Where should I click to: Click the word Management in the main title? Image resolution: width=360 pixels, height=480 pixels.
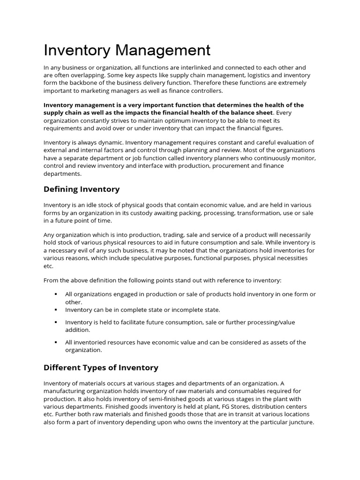[x=161, y=50]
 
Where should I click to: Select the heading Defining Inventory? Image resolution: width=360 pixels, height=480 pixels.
[x=82, y=189]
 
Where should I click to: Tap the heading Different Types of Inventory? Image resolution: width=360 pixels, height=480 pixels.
[x=101, y=367]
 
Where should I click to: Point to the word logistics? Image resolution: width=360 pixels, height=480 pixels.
[x=247, y=75]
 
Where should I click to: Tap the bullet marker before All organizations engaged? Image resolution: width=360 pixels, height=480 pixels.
[x=55, y=294]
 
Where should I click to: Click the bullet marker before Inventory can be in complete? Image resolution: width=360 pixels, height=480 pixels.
[x=55, y=310]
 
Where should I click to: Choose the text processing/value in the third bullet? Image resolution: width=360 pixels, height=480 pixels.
[x=274, y=322]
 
